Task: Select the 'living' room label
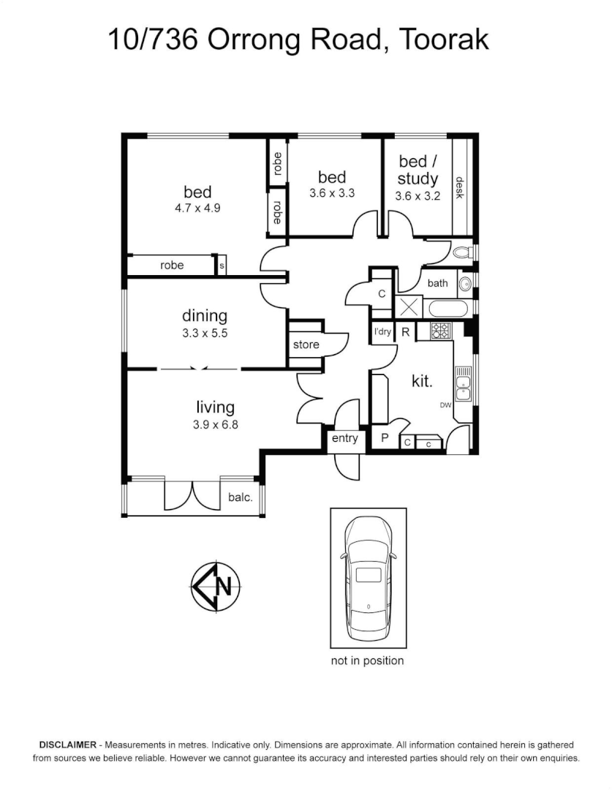pyautogui.click(x=215, y=407)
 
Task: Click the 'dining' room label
pyautogui.click(x=205, y=316)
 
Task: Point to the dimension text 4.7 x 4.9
pyautogui.click(x=197, y=208)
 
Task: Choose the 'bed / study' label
pyautogui.click(x=418, y=170)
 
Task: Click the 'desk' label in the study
pyautogui.click(x=460, y=188)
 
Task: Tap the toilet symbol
pyautogui.click(x=462, y=253)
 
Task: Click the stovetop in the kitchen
pyautogui.click(x=441, y=331)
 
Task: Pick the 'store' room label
pyautogui.click(x=306, y=344)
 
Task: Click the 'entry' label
pyautogui.click(x=345, y=439)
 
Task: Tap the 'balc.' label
pyautogui.click(x=241, y=498)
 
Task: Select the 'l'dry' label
pyautogui.click(x=382, y=331)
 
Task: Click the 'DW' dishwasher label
pyautogui.click(x=445, y=405)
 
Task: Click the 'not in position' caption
pyautogui.click(x=367, y=661)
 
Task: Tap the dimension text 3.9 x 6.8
pyautogui.click(x=215, y=424)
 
